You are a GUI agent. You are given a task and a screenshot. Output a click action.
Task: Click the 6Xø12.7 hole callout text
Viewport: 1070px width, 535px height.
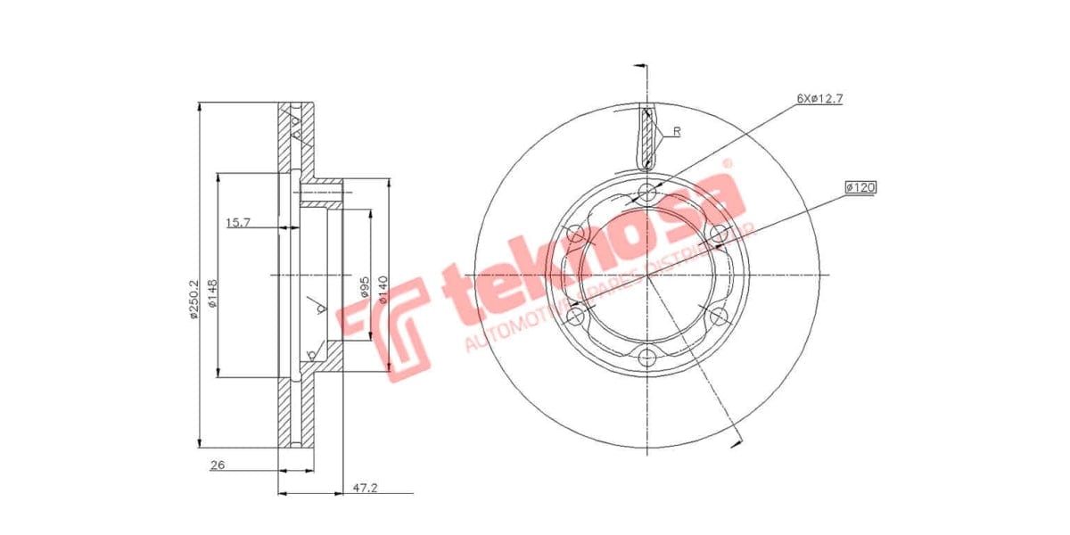tap(819, 98)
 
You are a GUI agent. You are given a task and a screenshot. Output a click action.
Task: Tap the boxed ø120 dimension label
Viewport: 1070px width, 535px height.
tap(861, 187)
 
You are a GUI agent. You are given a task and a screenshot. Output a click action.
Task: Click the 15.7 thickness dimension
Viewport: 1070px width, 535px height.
tap(237, 222)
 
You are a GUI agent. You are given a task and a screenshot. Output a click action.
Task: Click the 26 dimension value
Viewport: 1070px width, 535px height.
tap(217, 465)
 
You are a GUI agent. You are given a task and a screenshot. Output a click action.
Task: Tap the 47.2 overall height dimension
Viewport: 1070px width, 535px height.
tap(365, 488)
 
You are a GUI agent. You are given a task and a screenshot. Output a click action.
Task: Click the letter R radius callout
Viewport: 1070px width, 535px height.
tap(677, 131)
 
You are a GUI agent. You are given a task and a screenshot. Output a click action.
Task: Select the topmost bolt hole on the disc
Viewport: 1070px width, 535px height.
tap(648, 191)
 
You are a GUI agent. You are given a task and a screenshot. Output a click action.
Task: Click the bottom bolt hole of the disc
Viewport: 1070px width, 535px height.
tap(648, 358)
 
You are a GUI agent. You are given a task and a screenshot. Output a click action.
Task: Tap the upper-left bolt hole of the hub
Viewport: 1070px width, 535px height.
tap(576, 235)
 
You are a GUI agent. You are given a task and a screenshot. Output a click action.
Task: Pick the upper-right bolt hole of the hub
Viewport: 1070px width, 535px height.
tap(720, 235)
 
